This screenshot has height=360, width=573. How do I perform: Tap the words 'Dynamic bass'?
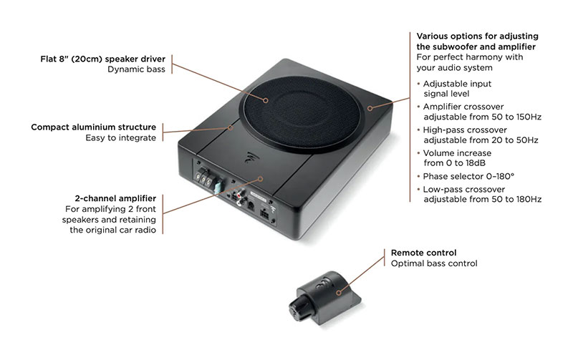[137, 69]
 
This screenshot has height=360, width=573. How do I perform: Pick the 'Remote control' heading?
[423, 253]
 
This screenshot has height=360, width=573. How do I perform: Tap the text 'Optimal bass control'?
[434, 263]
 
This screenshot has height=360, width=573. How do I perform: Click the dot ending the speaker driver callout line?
[266, 100]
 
